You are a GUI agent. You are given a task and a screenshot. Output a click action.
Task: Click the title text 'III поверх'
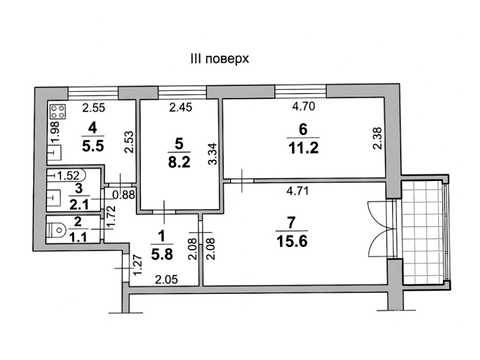coord(219,59)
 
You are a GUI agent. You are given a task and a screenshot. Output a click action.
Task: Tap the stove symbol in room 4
coord(57,112)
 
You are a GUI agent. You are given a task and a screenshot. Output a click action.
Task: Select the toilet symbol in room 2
coord(57,230)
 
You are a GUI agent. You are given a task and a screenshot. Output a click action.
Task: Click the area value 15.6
coord(292,241)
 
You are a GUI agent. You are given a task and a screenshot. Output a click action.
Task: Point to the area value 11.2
coord(303,147)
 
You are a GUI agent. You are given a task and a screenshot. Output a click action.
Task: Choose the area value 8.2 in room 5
coord(179,162)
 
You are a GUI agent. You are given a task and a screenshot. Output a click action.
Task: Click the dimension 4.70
coord(303,106)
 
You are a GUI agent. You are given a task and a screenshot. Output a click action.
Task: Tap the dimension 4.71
coord(298,191)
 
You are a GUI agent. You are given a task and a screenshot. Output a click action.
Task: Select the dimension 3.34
coord(212,154)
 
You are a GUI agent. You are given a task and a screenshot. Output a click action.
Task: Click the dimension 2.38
coord(377,138)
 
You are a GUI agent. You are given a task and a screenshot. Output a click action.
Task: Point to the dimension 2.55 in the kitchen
coord(94,108)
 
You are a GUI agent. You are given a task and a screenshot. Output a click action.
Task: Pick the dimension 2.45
coord(180,107)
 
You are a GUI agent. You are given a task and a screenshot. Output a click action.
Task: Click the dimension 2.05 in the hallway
coord(167,279)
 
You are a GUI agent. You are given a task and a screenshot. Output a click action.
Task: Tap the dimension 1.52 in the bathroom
coord(68,175)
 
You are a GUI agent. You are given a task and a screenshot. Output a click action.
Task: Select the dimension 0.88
coord(124,194)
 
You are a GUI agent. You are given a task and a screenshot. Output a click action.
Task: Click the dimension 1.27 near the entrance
coord(138,265)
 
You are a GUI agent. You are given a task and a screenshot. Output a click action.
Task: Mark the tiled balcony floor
coord(423,232)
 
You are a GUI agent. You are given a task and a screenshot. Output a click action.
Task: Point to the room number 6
coord(303,129)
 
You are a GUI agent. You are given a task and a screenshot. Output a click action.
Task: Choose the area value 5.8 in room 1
coord(162,254)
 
